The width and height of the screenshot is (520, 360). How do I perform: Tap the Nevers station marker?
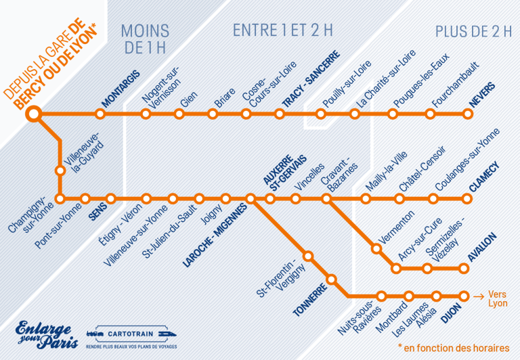tap(466, 114)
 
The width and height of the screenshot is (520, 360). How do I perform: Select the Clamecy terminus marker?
tap(466, 199)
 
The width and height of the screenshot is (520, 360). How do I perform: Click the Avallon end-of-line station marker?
tap(464, 269)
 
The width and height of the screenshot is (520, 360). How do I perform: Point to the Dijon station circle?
tap(464, 296)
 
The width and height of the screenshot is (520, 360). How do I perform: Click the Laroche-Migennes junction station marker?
tap(251, 199)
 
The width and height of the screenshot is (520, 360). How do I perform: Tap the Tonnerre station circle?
tap(332, 279)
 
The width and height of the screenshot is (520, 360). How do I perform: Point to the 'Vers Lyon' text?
tap(498, 299)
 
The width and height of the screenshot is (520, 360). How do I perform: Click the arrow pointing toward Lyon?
tap(478, 296)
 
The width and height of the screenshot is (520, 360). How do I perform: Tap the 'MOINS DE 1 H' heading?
tap(145, 39)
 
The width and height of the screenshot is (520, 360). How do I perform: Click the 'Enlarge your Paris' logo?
tap(44, 334)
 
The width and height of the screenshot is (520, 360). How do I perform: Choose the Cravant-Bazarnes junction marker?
tap(326, 199)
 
